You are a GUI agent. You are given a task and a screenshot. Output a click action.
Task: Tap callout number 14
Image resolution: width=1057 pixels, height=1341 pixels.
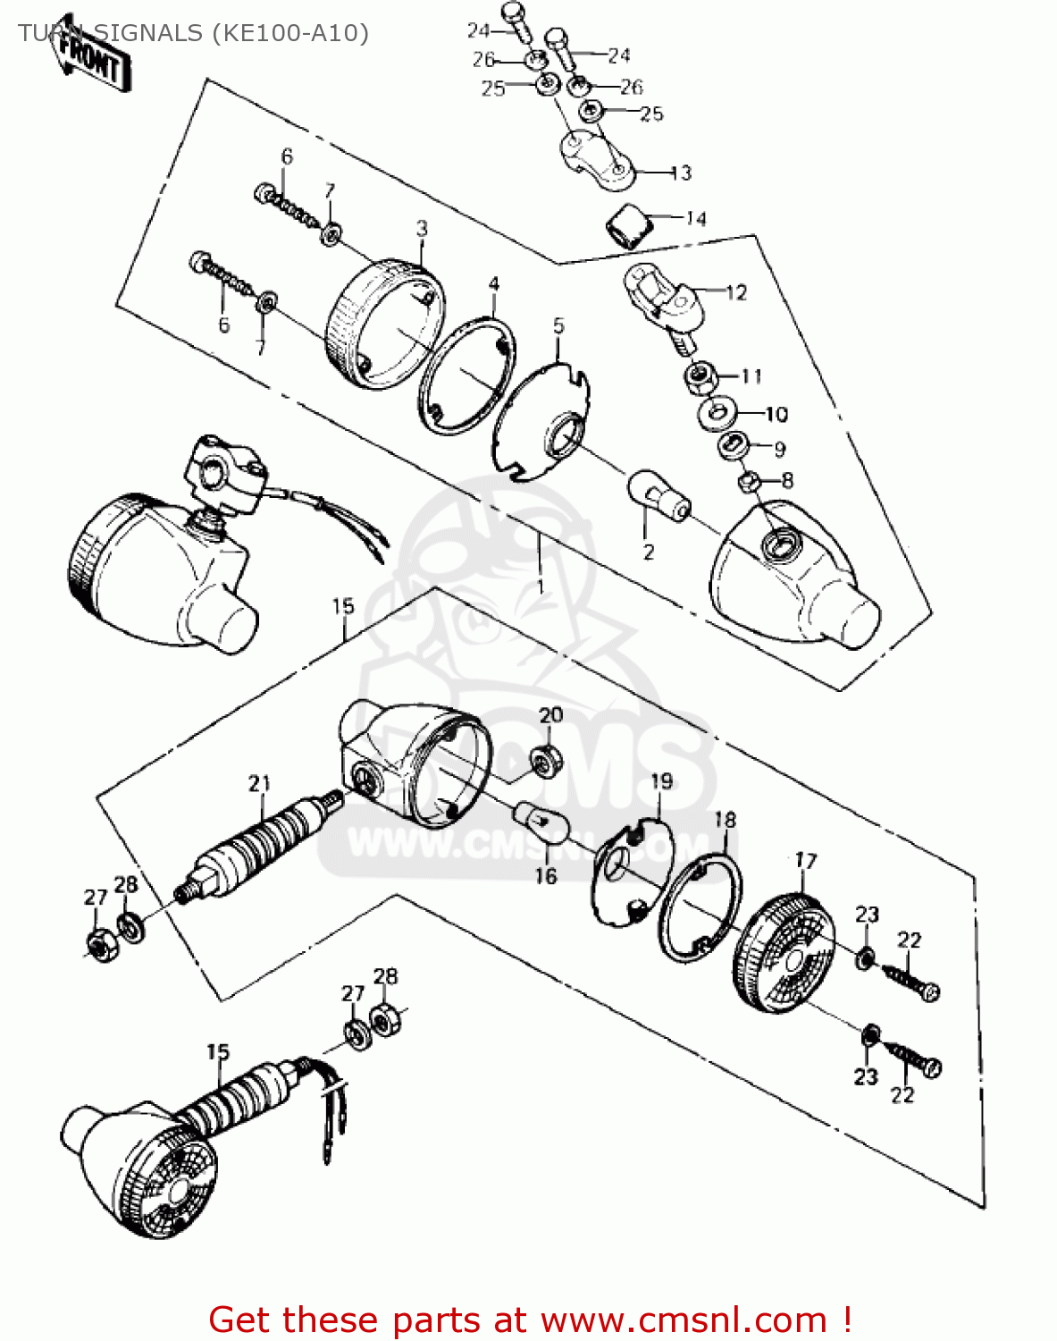click(696, 218)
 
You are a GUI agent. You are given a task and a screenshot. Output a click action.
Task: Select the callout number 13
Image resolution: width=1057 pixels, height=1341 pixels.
click(681, 173)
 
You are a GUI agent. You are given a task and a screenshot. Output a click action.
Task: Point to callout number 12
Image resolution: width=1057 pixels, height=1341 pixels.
click(735, 292)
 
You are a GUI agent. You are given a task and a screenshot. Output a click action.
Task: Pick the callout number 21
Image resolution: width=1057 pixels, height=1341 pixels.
click(259, 784)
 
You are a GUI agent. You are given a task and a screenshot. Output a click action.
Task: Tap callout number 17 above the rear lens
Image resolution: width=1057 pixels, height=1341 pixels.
click(806, 861)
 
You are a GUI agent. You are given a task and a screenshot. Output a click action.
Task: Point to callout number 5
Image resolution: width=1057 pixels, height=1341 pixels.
click(558, 325)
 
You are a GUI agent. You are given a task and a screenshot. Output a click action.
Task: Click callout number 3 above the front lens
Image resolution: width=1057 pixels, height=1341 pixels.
click(422, 229)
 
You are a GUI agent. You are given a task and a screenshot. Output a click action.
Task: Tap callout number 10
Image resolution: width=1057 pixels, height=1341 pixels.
click(776, 414)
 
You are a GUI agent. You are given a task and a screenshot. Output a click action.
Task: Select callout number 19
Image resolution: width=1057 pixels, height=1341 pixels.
click(661, 781)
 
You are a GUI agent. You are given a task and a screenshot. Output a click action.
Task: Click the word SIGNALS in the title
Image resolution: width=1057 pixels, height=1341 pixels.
click(148, 33)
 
